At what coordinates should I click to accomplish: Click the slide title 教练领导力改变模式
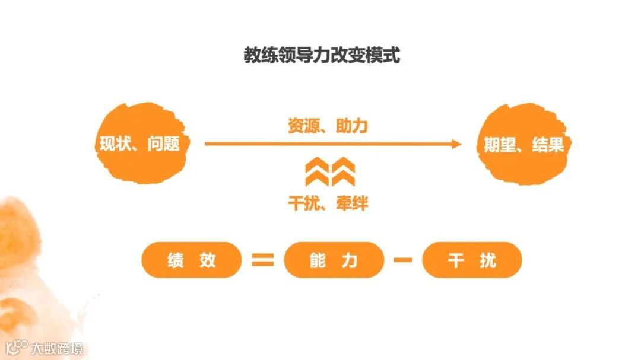tap(321, 55)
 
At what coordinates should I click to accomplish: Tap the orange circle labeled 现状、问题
tap(140, 144)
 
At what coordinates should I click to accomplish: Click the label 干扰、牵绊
tap(328, 203)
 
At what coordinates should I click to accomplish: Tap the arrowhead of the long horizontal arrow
tap(456, 144)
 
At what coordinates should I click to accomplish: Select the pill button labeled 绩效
tap(192, 260)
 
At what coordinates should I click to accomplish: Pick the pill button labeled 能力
tap(334, 260)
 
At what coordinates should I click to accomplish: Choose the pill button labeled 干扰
tap(472, 260)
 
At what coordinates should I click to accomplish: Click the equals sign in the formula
tap(263, 260)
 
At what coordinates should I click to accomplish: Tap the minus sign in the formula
tap(403, 260)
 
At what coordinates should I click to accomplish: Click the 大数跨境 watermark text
tap(58, 348)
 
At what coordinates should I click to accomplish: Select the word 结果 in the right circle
tap(548, 145)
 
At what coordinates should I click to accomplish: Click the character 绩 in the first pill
tap(176, 260)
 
